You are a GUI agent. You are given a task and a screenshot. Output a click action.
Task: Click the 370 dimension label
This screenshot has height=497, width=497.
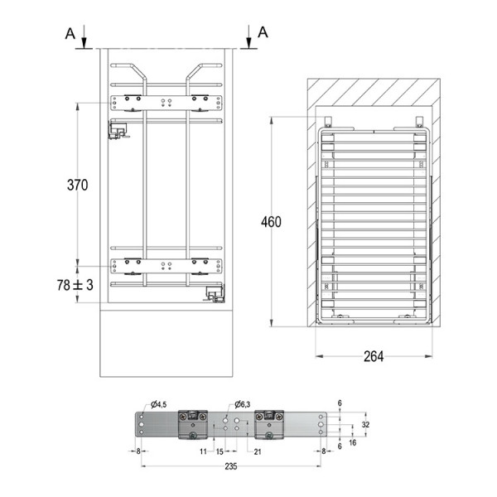(x=77, y=186)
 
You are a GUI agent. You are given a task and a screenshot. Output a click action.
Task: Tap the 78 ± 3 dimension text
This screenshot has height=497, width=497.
(x=75, y=285)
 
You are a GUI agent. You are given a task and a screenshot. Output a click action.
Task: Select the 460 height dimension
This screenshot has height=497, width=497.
(x=270, y=222)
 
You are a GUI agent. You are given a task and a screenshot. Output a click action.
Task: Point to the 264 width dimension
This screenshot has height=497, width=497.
(x=375, y=357)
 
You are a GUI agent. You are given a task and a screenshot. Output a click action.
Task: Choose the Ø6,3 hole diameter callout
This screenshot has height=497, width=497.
(x=245, y=404)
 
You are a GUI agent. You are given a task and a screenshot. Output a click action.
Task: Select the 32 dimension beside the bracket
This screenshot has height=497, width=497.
(x=365, y=423)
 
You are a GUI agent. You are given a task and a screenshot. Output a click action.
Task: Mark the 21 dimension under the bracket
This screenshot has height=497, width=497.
(x=258, y=451)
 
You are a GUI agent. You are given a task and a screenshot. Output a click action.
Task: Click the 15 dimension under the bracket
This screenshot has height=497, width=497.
(x=220, y=451)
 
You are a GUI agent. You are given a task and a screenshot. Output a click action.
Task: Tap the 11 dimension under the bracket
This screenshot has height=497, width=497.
(x=202, y=451)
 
